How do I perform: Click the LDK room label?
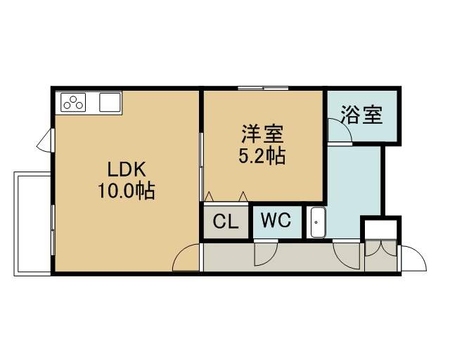127,169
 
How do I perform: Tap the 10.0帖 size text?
127,191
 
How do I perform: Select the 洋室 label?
262,134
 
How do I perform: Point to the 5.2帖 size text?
262,155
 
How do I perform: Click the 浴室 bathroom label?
361,115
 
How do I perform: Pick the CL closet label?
226,221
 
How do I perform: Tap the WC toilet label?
276,221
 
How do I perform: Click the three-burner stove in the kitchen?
73,103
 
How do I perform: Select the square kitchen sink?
110,102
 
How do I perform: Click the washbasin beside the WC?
317,222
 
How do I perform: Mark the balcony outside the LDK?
32,224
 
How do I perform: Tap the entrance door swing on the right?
413,258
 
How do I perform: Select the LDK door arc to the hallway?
186,257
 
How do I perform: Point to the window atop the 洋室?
263,88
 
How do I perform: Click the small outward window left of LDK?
45,141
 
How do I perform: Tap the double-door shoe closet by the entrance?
381,256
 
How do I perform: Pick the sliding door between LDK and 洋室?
202,167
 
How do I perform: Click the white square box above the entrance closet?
381,229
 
